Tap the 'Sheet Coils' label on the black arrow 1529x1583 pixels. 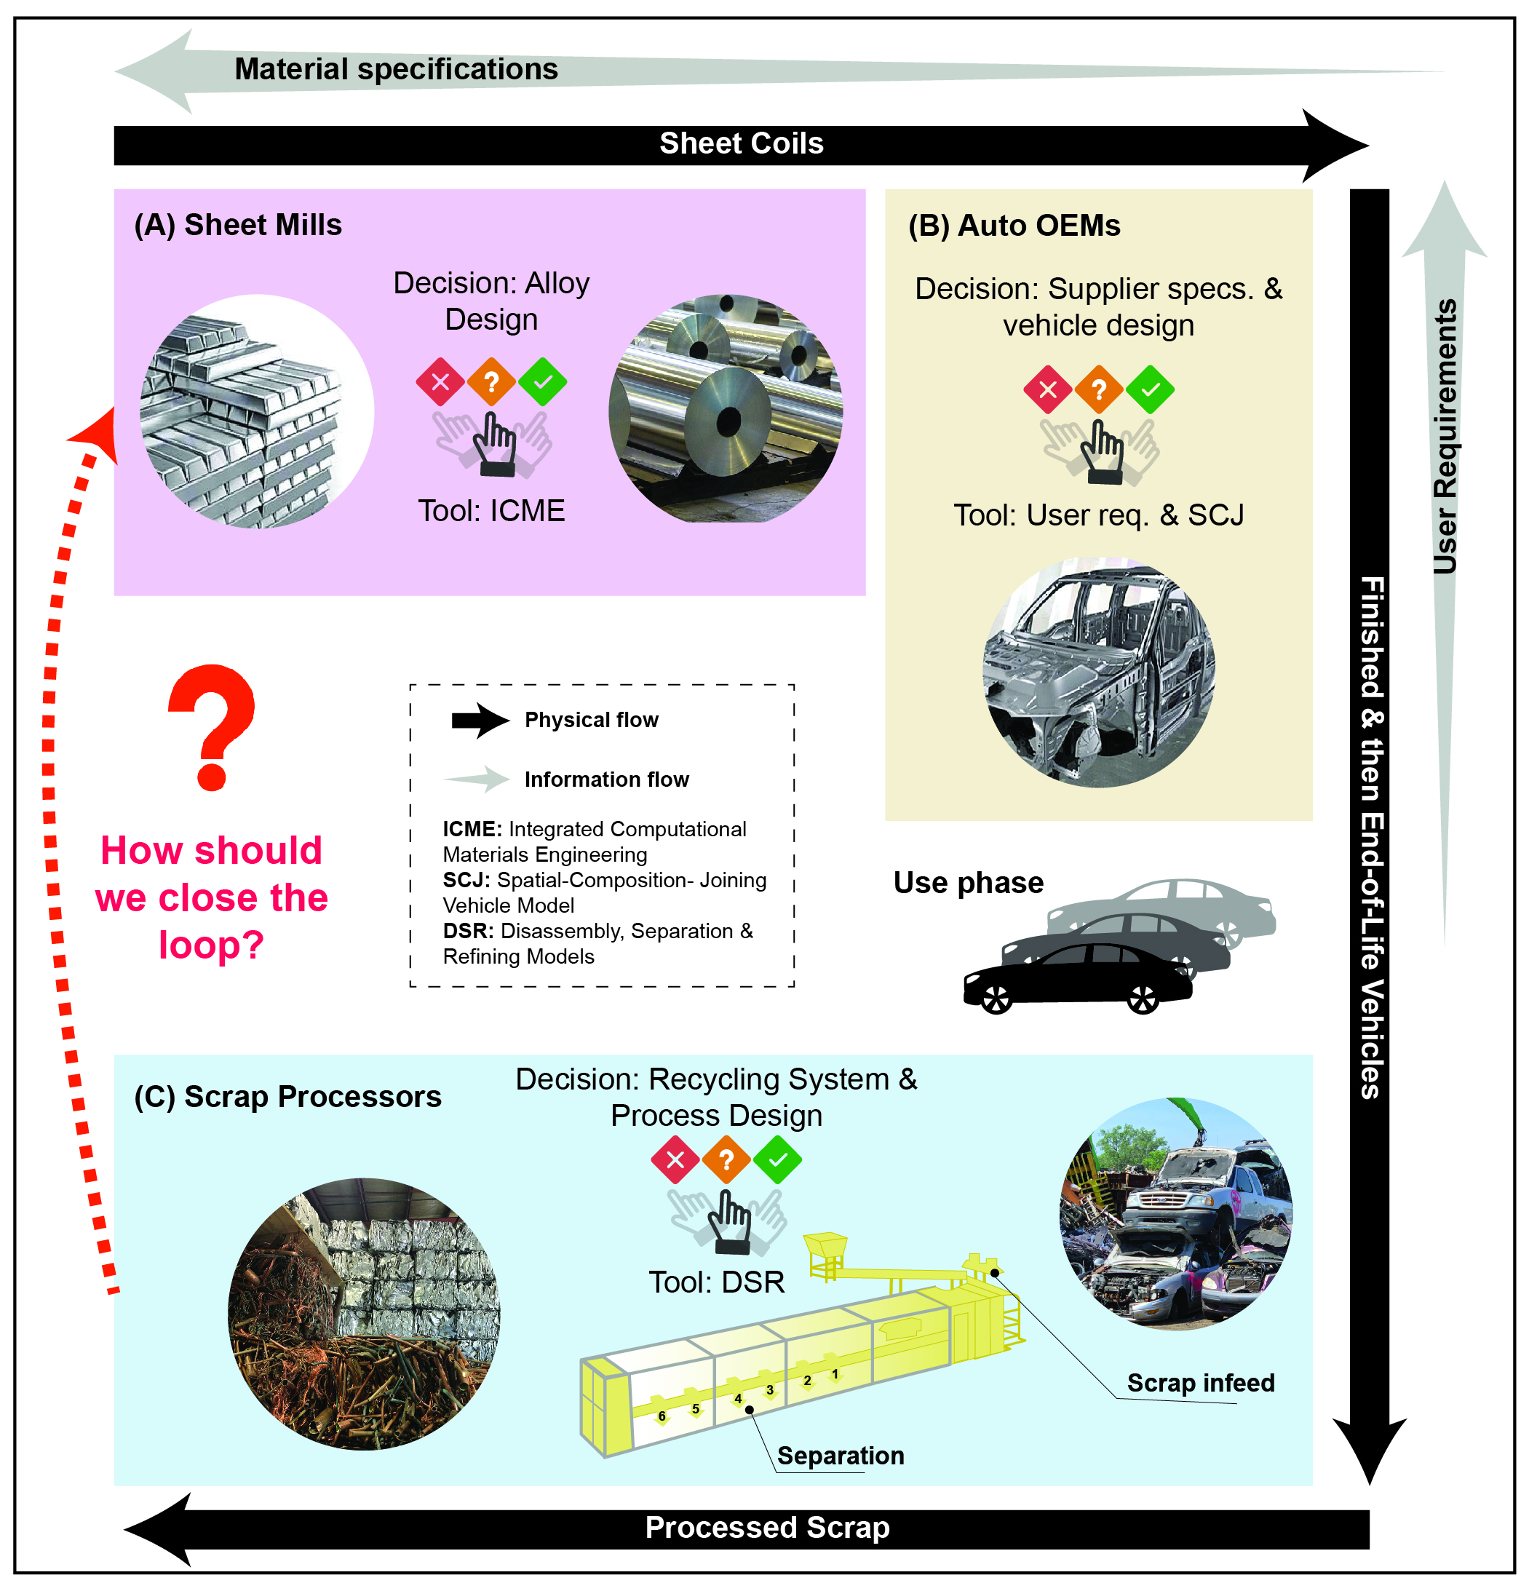[x=741, y=144]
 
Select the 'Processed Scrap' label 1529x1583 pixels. [x=766, y=1527]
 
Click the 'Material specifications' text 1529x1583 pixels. [x=396, y=69]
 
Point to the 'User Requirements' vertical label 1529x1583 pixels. [x=1444, y=436]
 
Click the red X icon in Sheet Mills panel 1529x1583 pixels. [x=440, y=382]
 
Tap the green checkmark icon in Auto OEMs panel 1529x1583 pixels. [x=1149, y=390]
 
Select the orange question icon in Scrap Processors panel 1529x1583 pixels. [x=726, y=1160]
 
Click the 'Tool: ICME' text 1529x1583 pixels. [x=491, y=510]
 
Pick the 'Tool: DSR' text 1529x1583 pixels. [x=716, y=1282]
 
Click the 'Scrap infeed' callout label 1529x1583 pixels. [x=1200, y=1383]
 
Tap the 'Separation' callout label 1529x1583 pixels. [x=840, y=1456]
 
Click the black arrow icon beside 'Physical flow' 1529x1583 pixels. [x=480, y=721]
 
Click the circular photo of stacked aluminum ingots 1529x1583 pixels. [x=257, y=412]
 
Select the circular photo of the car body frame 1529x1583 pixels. [x=1098, y=672]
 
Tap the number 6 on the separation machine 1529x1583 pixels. [x=662, y=1416]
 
